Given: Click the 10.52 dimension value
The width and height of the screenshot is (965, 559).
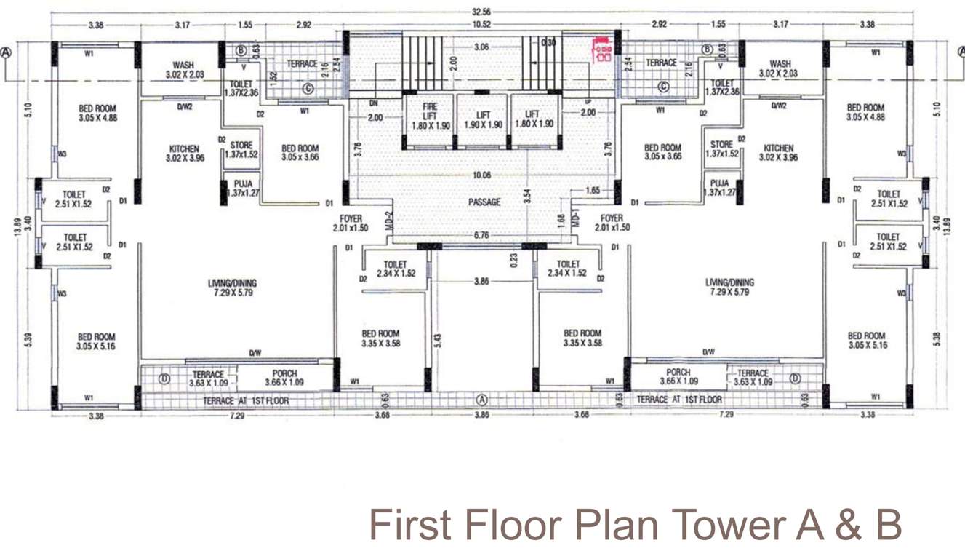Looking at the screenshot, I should [481, 25].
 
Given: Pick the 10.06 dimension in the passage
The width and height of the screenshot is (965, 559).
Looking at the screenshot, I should [481, 175].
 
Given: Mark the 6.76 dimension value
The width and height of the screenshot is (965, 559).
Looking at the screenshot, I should [481, 235].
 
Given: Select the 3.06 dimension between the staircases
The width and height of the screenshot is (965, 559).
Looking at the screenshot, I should [481, 47].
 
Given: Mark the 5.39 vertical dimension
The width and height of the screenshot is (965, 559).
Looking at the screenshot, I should [28, 340].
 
